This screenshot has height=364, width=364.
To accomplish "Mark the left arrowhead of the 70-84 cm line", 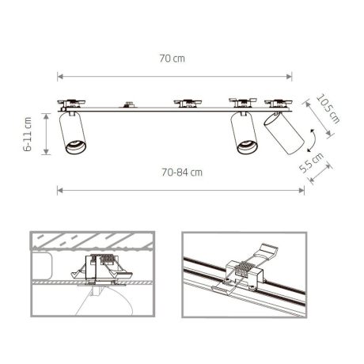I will tap(59, 189).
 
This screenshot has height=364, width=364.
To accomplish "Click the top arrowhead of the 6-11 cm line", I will tap(46, 114).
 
